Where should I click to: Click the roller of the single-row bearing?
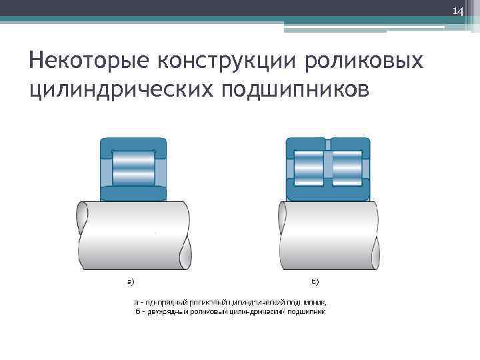[133, 168]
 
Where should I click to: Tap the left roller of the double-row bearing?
[307, 167]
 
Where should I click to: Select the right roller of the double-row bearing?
[347, 167]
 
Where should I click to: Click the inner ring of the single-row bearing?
[133, 194]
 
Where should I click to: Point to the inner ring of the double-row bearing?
[327, 194]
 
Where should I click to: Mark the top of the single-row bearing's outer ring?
[133, 143]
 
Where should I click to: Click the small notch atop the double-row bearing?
[327, 143]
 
